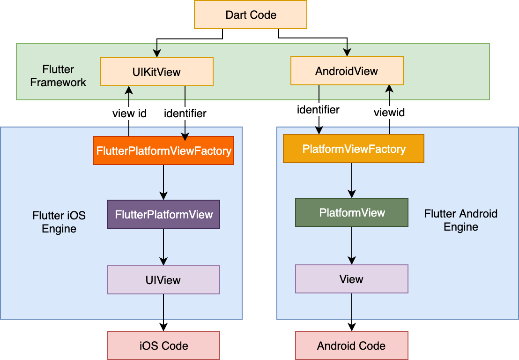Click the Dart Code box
[x=251, y=15]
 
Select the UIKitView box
[x=156, y=72]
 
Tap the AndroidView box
[x=347, y=71]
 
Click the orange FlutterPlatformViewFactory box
[x=163, y=151]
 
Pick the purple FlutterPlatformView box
[x=163, y=215]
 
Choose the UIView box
[x=163, y=280]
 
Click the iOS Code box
[x=163, y=346]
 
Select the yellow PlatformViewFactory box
[x=354, y=149]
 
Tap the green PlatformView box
[x=352, y=213]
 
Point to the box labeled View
[x=351, y=279]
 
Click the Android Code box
[x=351, y=346]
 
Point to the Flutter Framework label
[x=58, y=76]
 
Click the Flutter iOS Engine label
[x=59, y=222]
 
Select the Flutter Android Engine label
[x=461, y=220]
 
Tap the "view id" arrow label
[x=129, y=113]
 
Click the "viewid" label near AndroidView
[x=389, y=112]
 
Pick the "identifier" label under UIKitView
[x=185, y=113]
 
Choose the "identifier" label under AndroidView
[x=318, y=110]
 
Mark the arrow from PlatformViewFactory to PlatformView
[x=352, y=180]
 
